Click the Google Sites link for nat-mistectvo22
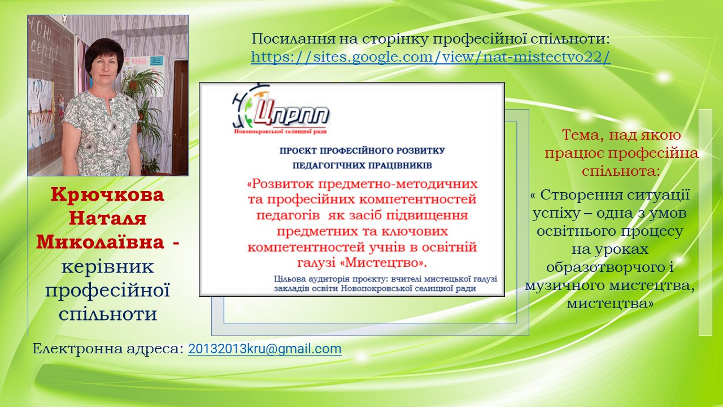(x=431, y=57)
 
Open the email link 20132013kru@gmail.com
(x=265, y=349)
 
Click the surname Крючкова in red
(x=107, y=195)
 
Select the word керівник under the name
(x=108, y=267)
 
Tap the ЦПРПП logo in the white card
(x=280, y=109)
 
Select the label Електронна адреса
(x=108, y=349)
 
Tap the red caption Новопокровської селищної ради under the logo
(x=280, y=132)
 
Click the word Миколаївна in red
(x=100, y=242)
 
